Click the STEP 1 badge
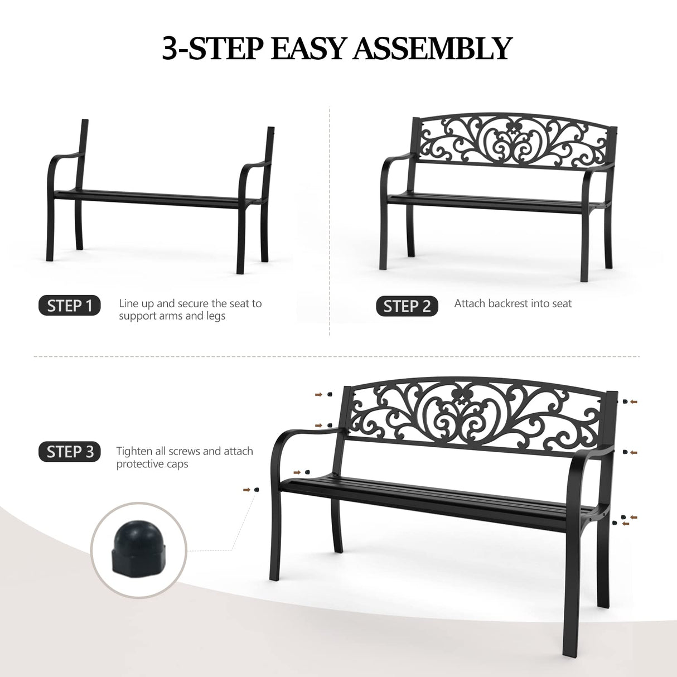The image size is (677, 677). (x=70, y=306)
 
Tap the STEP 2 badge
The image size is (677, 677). (x=407, y=306)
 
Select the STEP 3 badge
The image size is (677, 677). (x=70, y=452)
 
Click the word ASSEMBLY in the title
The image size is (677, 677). (x=432, y=49)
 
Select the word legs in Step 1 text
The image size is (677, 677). (x=215, y=316)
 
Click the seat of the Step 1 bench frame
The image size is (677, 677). (x=156, y=198)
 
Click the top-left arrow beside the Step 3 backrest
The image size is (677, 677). (x=318, y=395)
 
